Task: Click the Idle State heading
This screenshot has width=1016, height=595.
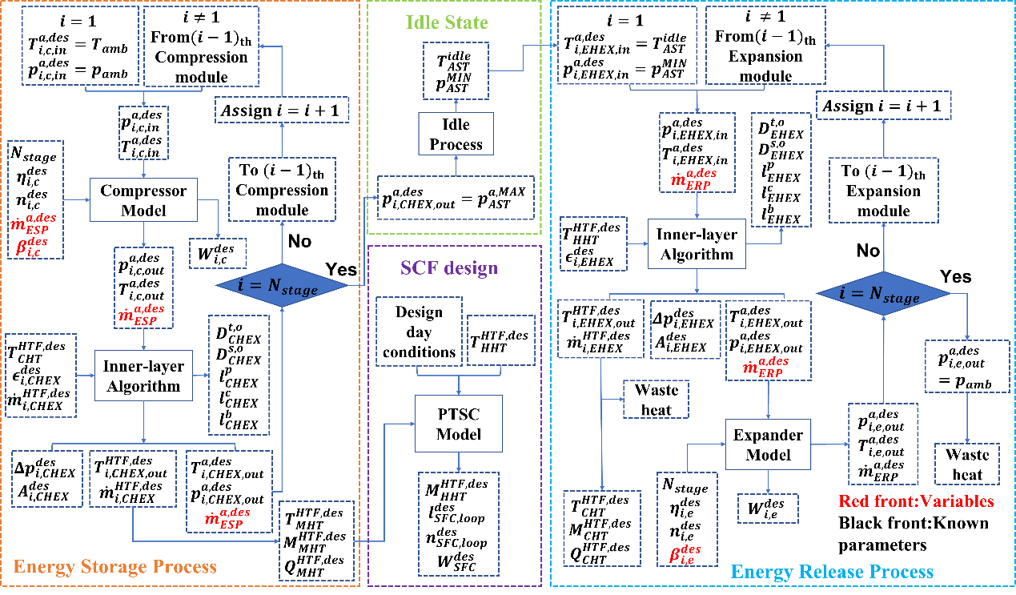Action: [447, 22]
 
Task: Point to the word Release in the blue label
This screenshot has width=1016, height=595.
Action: [829, 572]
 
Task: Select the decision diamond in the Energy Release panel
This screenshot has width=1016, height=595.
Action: [883, 295]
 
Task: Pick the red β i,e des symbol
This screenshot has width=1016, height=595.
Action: [685, 553]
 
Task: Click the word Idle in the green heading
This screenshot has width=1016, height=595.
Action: [422, 22]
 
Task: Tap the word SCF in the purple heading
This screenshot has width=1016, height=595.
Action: [421, 268]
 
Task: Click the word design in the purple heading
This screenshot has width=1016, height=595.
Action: [471, 268]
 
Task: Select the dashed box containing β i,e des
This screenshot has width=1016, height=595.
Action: [686, 519]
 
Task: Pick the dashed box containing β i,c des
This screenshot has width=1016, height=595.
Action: [35, 199]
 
